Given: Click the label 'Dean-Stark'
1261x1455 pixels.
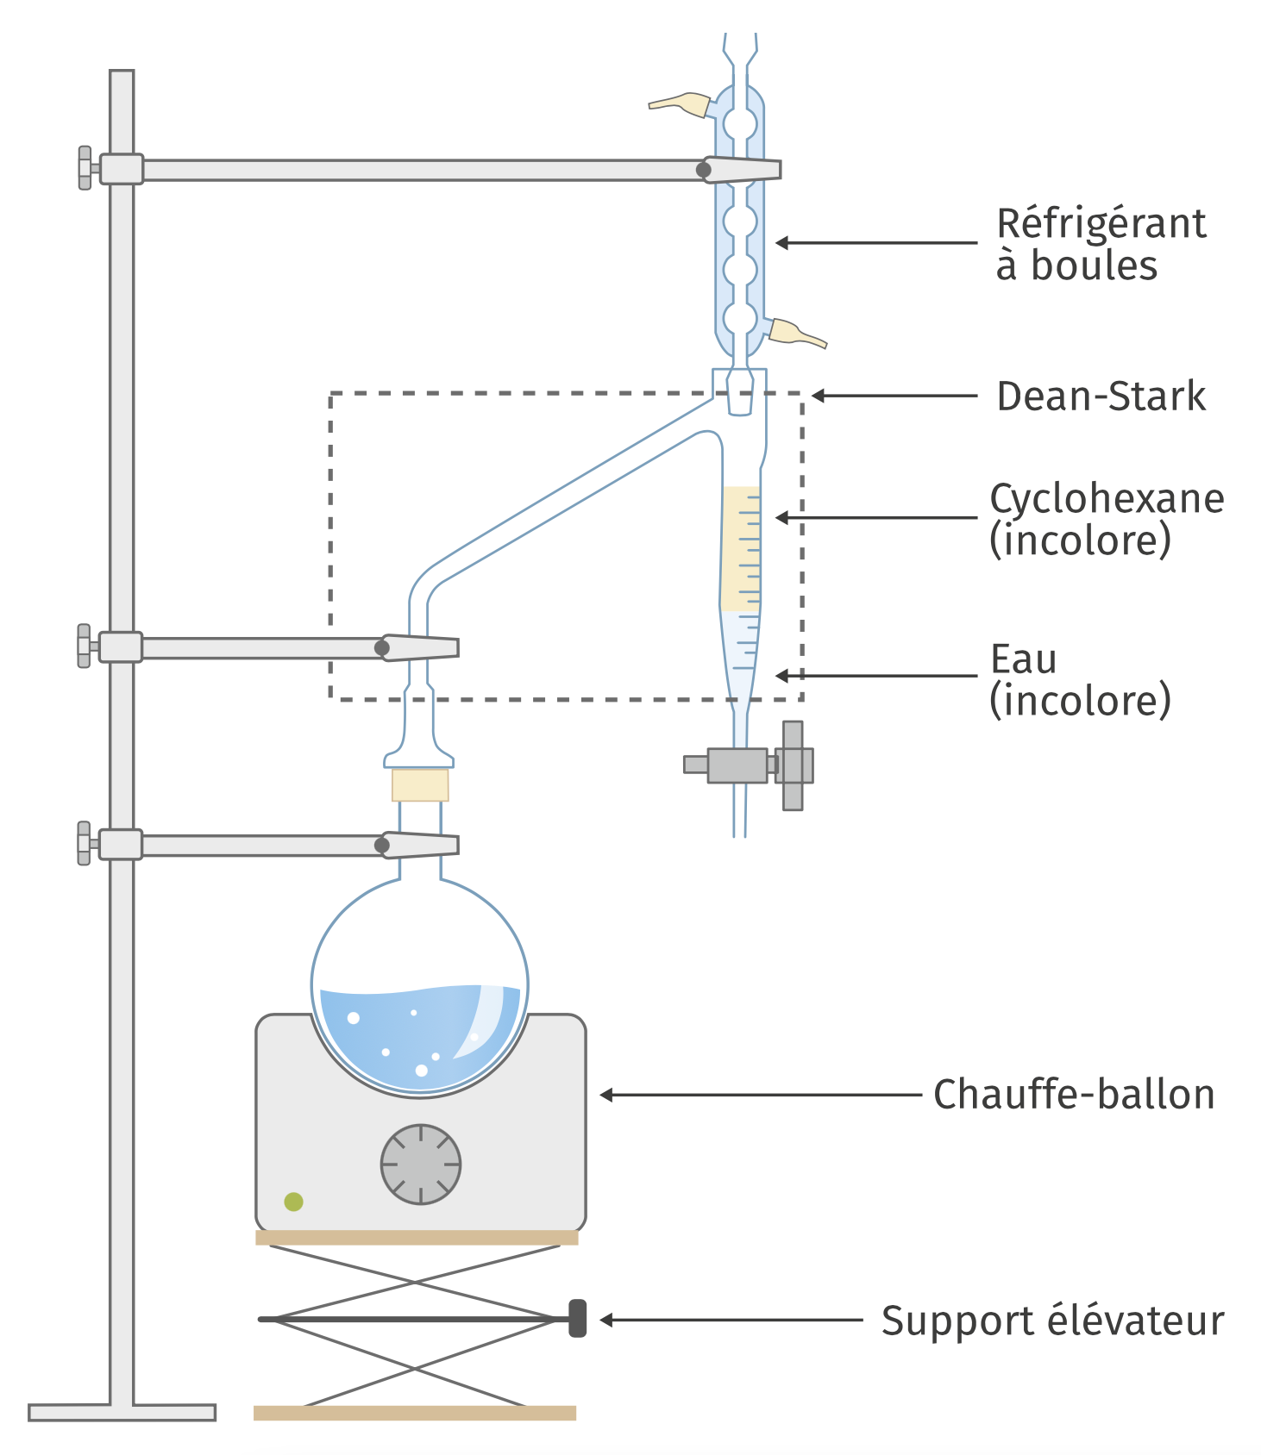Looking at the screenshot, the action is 1101,397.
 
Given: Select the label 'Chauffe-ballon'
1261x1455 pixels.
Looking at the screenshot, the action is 1074,1095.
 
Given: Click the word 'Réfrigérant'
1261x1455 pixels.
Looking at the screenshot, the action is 1101,223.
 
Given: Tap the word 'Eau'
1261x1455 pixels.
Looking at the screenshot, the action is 1024,660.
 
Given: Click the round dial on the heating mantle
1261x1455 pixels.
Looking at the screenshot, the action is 421,1164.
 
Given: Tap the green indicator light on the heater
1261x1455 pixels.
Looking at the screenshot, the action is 294,1202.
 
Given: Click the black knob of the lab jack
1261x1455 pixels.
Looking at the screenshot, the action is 578,1319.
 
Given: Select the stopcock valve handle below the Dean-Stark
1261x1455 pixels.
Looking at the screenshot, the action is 794,765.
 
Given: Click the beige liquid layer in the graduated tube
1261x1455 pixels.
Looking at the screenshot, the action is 741,549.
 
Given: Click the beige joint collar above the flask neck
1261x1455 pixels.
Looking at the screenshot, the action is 420,785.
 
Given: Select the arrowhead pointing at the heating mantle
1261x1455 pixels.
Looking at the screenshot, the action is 606,1095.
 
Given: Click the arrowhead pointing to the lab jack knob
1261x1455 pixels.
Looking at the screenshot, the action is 606,1320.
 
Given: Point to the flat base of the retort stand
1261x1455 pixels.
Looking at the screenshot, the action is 122,1413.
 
